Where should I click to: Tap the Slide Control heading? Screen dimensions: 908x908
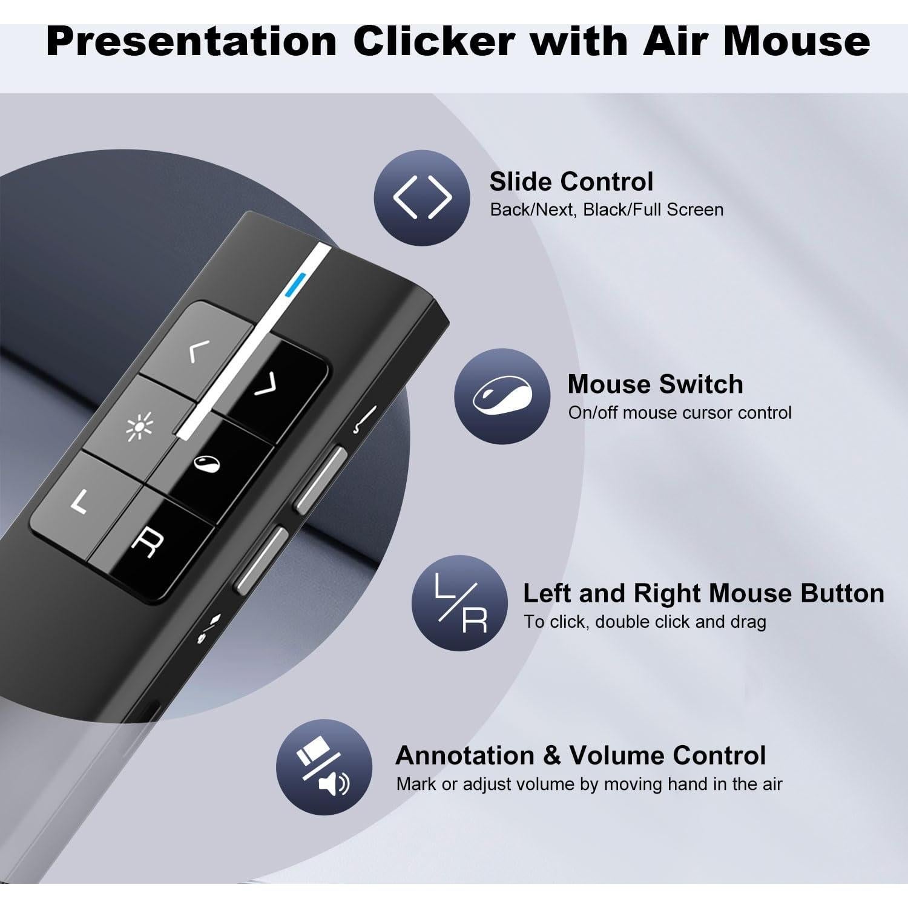(571, 182)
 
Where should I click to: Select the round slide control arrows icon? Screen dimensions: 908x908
(422, 197)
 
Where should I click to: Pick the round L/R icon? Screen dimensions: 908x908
(460, 603)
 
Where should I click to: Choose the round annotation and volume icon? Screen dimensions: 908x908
(324, 767)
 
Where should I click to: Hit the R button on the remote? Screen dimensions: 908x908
(144, 541)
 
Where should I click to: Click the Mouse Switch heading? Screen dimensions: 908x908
(655, 384)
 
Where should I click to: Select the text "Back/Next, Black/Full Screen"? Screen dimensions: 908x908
(607, 210)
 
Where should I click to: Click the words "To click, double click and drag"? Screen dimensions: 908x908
(645, 622)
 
